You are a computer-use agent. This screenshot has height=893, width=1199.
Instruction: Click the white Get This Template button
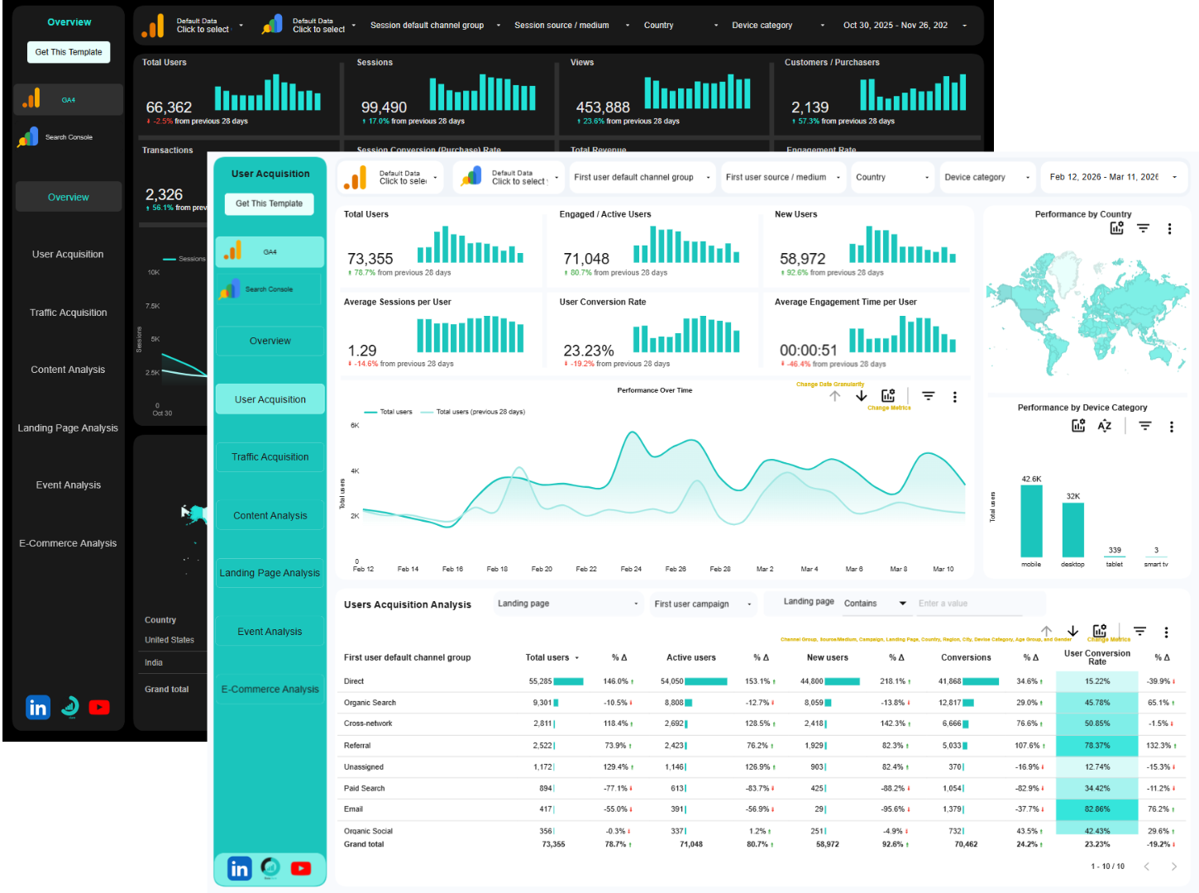(69, 52)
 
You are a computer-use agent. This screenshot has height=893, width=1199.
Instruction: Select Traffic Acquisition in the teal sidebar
(270, 457)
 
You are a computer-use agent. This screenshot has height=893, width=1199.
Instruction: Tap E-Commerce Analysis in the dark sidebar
(68, 543)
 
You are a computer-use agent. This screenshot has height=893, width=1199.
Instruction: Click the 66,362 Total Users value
(169, 107)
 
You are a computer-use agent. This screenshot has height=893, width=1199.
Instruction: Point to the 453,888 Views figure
(603, 107)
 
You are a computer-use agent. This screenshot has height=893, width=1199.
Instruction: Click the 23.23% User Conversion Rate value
(589, 351)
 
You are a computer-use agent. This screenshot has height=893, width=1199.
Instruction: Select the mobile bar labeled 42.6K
(1031, 521)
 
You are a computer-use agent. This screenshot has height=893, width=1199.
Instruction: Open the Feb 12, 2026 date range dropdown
(1113, 177)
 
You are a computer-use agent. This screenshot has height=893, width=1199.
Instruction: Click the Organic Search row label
(370, 703)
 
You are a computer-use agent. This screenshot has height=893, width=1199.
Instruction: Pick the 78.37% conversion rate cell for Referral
(1096, 746)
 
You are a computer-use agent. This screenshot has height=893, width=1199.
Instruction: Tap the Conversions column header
(965, 658)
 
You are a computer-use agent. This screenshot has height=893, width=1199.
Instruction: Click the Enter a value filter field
(967, 604)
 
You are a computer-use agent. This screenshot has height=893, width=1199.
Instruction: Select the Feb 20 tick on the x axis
(542, 569)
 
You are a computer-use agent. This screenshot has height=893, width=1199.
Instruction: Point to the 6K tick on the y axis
(355, 426)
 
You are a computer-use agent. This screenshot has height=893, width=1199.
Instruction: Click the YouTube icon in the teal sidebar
(301, 868)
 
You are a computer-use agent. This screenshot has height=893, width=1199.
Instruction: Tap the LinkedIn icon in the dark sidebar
(38, 708)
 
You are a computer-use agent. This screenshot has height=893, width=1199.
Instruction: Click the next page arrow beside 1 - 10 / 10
(1173, 867)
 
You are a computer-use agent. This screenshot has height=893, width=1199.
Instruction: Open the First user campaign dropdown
(702, 604)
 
